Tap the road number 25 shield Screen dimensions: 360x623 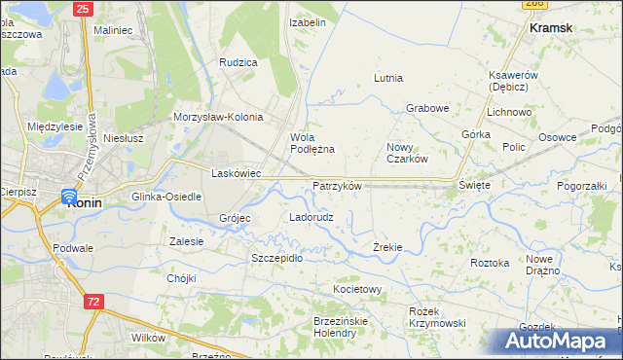click(x=82, y=9)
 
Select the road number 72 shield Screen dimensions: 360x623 click(x=93, y=303)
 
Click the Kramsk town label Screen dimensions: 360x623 click(x=550, y=28)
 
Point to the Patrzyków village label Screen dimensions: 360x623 click(x=337, y=186)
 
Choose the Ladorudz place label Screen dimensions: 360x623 click(x=311, y=217)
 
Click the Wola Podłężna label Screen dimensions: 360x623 click(x=311, y=143)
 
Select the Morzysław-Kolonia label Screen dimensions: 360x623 click(x=218, y=117)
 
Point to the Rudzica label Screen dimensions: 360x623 click(x=238, y=62)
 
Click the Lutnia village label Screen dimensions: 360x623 click(x=388, y=78)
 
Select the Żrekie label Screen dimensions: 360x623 click(x=387, y=247)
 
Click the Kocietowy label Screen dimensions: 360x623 click(x=357, y=290)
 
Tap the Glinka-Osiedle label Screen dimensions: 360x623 click(x=166, y=197)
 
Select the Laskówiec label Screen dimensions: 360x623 click(x=236, y=173)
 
